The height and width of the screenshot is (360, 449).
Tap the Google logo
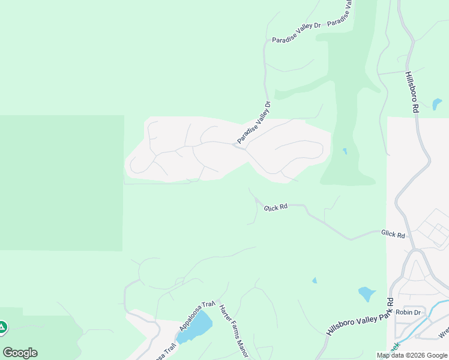(20, 353)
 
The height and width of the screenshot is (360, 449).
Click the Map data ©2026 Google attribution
(411, 355)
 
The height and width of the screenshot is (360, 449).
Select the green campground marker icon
(2, 327)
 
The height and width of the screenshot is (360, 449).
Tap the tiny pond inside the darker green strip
(344, 151)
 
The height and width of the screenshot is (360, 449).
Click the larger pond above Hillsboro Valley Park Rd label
(366, 294)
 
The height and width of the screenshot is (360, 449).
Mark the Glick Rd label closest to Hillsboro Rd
(393, 234)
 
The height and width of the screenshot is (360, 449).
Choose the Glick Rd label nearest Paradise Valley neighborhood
(276, 206)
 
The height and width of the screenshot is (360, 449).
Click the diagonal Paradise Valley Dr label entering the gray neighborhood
(254, 123)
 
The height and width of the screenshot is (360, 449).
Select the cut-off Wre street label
(444, 332)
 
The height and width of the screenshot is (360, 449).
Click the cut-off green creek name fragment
(394, 348)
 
